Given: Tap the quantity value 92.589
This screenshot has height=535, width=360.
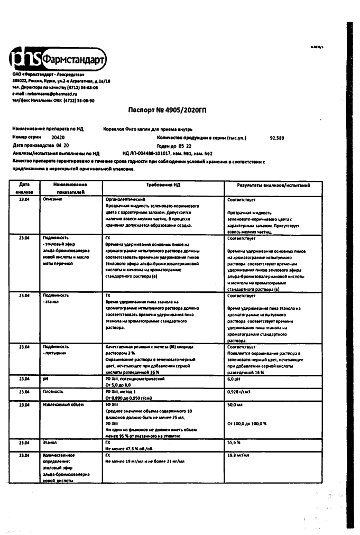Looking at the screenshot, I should point(277,137).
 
